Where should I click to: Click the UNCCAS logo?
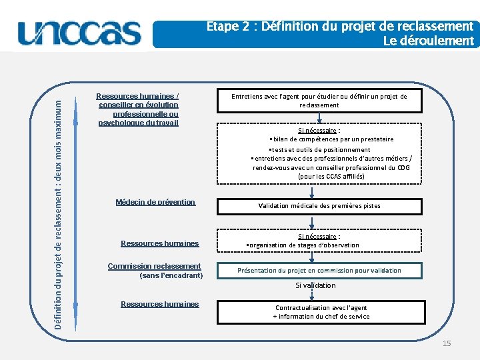click(x=79, y=32)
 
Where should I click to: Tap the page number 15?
click(x=447, y=343)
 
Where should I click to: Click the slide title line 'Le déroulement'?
click(x=429, y=41)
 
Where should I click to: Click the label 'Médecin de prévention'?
click(x=155, y=202)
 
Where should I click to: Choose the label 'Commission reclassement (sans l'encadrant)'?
click(x=155, y=270)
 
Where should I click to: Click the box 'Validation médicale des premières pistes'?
click(x=319, y=206)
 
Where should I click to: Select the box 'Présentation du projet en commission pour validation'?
click(x=319, y=270)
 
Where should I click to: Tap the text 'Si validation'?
click(x=316, y=285)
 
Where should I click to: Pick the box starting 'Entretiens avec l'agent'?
click(x=319, y=101)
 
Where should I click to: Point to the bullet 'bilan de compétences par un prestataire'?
click(x=331, y=139)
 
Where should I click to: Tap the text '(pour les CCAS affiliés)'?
click(x=331, y=177)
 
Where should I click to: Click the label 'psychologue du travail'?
click(x=138, y=123)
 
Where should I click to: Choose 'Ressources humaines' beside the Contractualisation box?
click(x=160, y=304)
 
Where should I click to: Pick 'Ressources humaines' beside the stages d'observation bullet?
click(x=160, y=243)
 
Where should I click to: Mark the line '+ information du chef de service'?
click(x=321, y=317)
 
